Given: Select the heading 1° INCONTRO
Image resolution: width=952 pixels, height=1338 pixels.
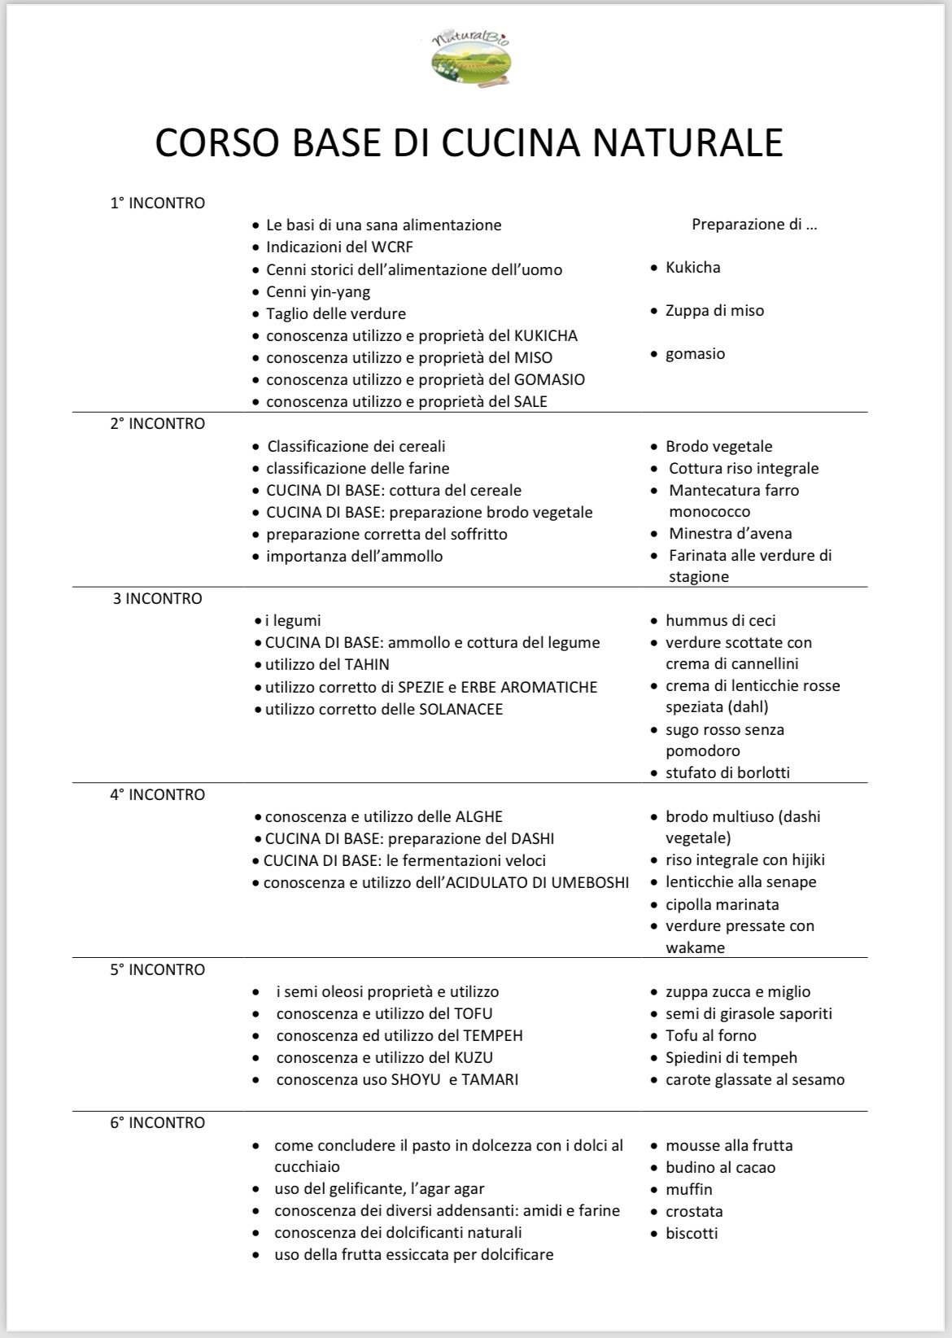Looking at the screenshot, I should click(x=158, y=203).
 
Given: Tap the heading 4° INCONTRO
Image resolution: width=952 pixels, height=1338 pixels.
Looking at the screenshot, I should click(x=158, y=794).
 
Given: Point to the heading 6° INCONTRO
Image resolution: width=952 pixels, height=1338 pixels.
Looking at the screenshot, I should click(x=158, y=1122).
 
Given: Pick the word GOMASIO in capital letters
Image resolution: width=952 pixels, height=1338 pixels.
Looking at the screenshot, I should click(x=549, y=379).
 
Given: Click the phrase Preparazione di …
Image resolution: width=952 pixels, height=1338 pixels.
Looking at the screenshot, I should click(x=754, y=225).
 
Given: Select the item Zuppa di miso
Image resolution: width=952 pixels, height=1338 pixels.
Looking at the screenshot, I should click(x=714, y=310).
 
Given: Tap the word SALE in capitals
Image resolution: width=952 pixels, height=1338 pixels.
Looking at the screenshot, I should click(x=531, y=401).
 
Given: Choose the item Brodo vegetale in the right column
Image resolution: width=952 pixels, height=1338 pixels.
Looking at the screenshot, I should click(x=718, y=446).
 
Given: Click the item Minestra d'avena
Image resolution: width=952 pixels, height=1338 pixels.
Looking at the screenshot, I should click(x=730, y=533).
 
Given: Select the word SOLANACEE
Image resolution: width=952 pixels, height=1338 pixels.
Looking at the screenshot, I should click(x=461, y=709).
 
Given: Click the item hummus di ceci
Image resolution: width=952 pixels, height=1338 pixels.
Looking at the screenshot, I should click(x=720, y=620).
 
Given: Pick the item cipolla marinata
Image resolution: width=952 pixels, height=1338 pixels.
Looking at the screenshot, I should click(x=722, y=904).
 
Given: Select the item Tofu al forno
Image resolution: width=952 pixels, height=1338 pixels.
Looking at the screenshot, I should click(x=710, y=1035).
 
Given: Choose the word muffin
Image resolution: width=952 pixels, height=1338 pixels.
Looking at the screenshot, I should click(x=688, y=1189).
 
